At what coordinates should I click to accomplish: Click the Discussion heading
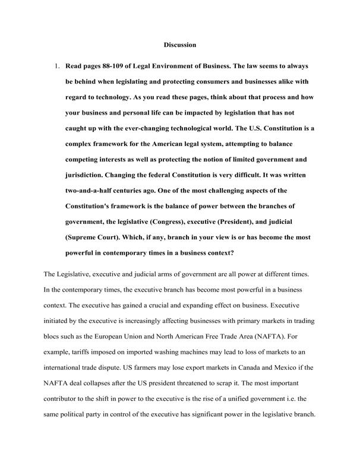tap(179, 45)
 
